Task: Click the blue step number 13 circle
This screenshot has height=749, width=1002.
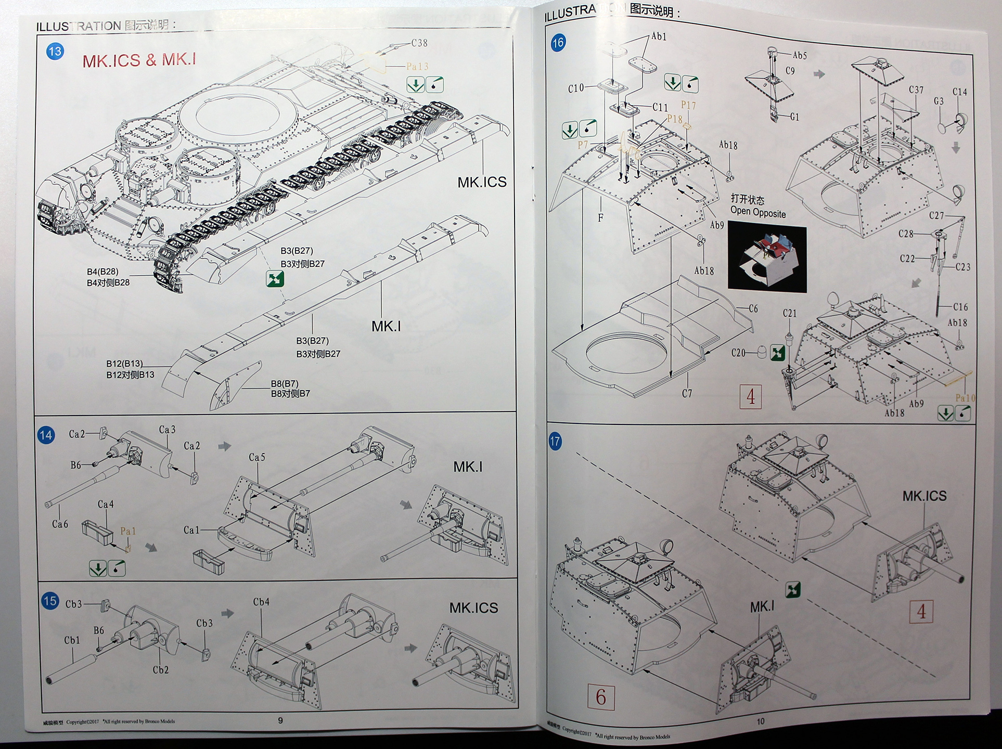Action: click(x=55, y=51)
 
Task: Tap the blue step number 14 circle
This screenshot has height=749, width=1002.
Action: click(x=46, y=435)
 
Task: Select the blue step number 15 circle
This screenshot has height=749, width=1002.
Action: click(x=50, y=601)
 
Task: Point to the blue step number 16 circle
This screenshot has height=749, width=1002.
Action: click(x=558, y=43)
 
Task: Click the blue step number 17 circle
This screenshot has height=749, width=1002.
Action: click(x=555, y=442)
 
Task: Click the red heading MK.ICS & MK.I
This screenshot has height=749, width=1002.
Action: click(x=139, y=60)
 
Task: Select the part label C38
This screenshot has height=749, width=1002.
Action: click(x=419, y=43)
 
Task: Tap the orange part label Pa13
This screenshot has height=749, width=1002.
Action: click(x=417, y=67)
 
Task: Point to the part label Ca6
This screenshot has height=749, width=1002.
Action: click(x=60, y=524)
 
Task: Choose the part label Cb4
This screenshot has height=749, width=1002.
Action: click(x=261, y=602)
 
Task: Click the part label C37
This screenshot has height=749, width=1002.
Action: click(x=916, y=90)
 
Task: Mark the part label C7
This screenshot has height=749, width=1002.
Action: click(x=687, y=394)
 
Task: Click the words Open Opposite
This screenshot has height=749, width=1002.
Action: click(x=758, y=213)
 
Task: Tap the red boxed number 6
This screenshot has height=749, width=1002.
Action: click(x=601, y=697)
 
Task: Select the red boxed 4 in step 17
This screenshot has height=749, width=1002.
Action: click(x=921, y=612)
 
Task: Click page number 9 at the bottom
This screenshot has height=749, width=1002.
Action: click(x=280, y=720)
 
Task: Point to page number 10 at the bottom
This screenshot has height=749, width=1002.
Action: click(x=761, y=721)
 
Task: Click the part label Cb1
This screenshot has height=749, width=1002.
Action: click(x=72, y=640)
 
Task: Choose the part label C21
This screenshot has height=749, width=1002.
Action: click(x=790, y=313)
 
